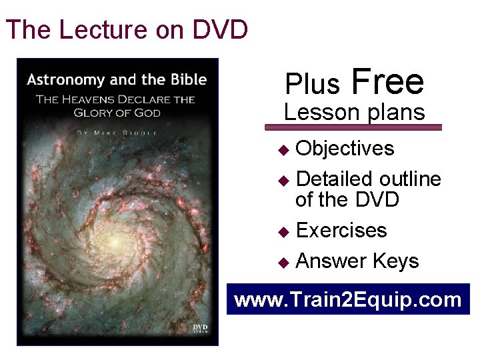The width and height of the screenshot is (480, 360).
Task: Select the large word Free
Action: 387,81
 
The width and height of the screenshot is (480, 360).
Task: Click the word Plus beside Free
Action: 313,84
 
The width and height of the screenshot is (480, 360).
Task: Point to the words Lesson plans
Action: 354,111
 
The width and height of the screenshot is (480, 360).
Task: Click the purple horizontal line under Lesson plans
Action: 353,127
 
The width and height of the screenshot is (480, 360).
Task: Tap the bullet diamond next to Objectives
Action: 284,149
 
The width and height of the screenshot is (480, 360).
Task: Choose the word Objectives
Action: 345,148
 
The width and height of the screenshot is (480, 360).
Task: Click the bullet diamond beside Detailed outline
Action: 284,180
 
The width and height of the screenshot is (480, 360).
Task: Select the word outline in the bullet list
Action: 410,179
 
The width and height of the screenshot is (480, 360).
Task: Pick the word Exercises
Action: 341,230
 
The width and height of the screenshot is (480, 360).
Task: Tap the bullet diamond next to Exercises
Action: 284,231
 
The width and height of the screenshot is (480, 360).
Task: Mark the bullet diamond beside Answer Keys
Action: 284,262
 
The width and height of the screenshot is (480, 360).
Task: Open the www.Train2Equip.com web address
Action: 348,299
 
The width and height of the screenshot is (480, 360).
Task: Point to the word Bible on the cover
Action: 188,80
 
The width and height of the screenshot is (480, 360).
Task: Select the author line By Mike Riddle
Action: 117,133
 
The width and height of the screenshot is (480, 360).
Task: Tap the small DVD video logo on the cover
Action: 201,329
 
